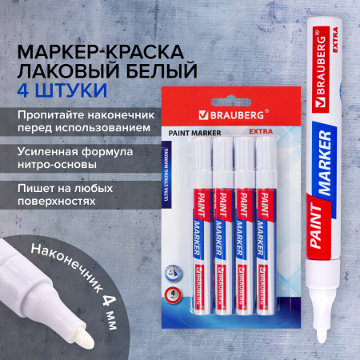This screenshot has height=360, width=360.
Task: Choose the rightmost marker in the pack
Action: [263, 216]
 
